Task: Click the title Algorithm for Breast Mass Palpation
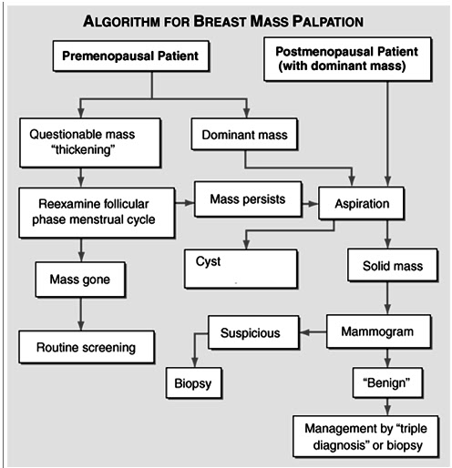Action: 226,19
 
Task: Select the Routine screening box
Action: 87,346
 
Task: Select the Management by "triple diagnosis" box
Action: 370,437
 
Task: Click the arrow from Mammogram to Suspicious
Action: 312,334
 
